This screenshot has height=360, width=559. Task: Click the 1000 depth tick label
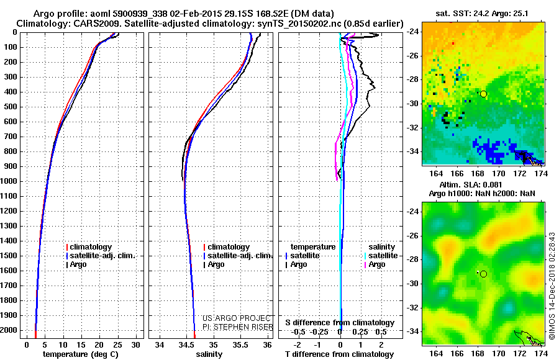[x=9, y=181]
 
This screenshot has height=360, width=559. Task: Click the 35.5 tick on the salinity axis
[x=240, y=344]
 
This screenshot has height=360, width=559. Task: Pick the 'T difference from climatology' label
[x=339, y=354]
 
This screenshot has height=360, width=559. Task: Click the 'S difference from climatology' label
[x=339, y=323]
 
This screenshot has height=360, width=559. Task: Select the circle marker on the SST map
[x=483, y=94]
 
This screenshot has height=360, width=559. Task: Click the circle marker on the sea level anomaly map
[x=483, y=274]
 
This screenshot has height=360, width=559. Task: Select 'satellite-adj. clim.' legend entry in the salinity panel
[x=240, y=256]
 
